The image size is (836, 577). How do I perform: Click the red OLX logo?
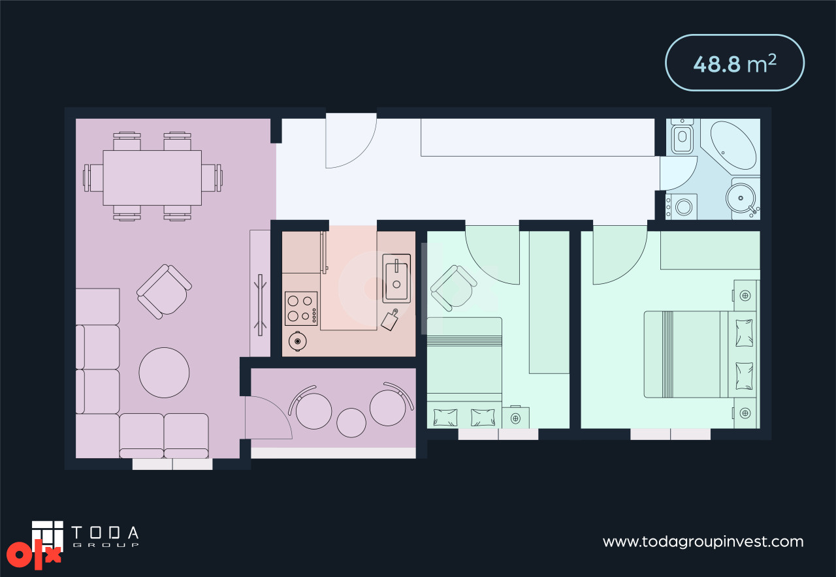[x=33, y=555]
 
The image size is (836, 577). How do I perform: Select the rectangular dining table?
[x=152, y=178]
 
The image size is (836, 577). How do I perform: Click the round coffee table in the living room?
[x=164, y=372]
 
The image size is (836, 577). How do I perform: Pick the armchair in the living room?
[x=164, y=292]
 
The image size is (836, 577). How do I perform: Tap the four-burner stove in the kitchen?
[x=301, y=309]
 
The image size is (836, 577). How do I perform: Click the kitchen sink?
[x=396, y=278]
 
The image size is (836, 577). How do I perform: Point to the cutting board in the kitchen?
[x=390, y=320]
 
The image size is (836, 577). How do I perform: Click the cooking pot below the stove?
[x=297, y=341]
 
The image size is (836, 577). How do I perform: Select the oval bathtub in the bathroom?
[x=733, y=145]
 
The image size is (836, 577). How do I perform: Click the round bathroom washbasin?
[x=741, y=198]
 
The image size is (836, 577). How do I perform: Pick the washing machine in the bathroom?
[x=681, y=206]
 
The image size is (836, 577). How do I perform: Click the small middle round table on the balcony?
[x=351, y=422]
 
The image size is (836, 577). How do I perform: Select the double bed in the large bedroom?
[x=701, y=354]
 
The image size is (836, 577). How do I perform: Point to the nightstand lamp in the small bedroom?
[x=515, y=418]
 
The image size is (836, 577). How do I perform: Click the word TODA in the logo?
[x=105, y=533]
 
